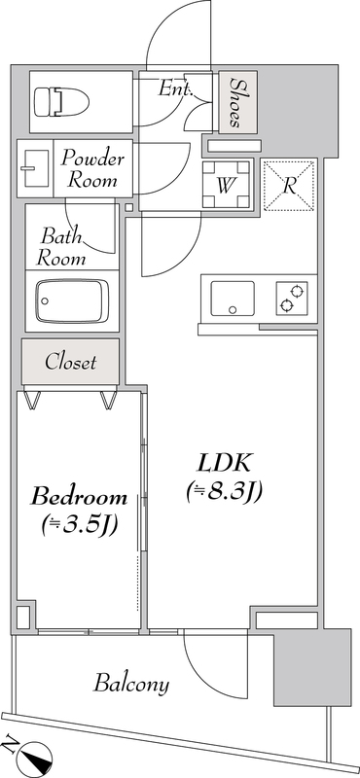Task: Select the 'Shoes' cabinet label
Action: (x=235, y=103)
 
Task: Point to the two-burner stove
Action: (x=291, y=299)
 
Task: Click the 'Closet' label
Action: (x=71, y=363)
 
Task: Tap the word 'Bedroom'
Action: (x=80, y=496)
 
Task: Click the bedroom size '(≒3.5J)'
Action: (x=80, y=526)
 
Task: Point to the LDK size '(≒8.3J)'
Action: (x=225, y=493)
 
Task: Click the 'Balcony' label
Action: (x=131, y=684)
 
